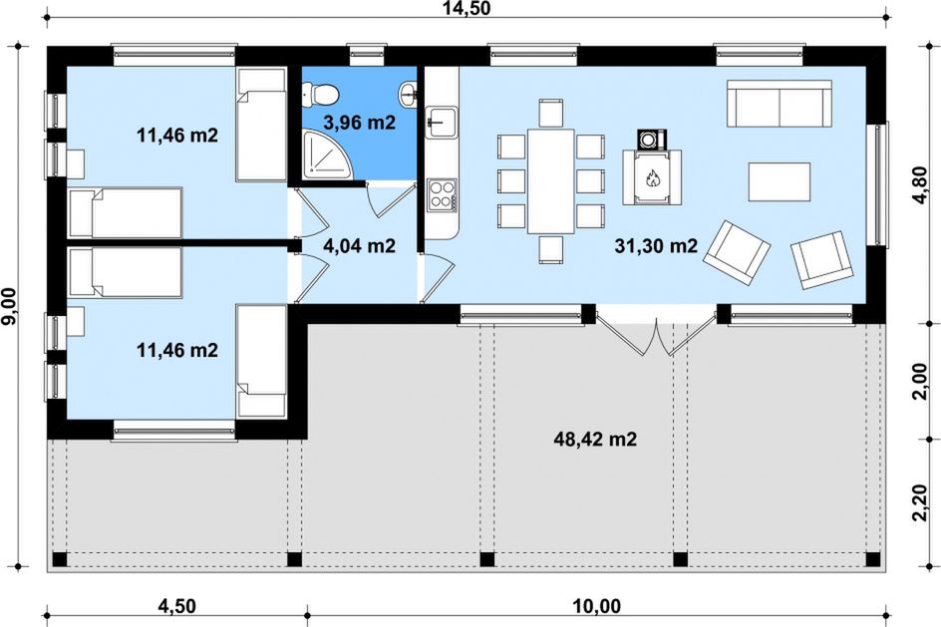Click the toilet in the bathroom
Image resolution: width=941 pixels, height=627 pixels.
pyautogui.click(x=320, y=93)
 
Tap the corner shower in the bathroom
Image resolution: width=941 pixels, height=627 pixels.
pyautogui.click(x=327, y=155)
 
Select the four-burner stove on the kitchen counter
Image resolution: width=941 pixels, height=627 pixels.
pyautogui.click(x=442, y=194)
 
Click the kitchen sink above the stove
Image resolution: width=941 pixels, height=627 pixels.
pyautogui.click(x=442, y=123)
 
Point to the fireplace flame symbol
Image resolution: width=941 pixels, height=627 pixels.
pyautogui.click(x=652, y=178)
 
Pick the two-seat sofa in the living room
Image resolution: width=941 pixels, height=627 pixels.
pyautogui.click(x=779, y=104)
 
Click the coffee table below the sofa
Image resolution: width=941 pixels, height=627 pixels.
pyautogui.click(x=779, y=181)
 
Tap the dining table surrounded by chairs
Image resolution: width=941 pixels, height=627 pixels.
pyautogui.click(x=551, y=180)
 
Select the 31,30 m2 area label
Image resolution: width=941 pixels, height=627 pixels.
pyautogui.click(x=656, y=245)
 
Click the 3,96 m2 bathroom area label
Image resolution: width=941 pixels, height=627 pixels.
pyautogui.click(x=360, y=123)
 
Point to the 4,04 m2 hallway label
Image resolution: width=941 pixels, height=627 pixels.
pyautogui.click(x=359, y=245)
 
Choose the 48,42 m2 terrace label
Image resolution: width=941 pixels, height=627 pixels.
pyautogui.click(x=595, y=440)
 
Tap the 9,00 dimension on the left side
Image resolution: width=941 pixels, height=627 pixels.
pyautogui.click(x=9, y=307)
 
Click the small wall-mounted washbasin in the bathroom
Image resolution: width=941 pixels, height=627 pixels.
pyautogui.click(x=408, y=95)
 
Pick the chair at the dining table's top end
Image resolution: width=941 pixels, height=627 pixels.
pyautogui.click(x=551, y=113)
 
